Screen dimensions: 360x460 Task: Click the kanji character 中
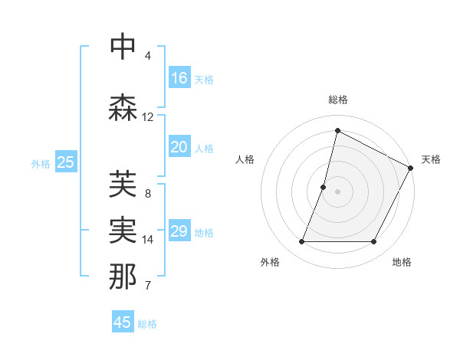pyautogui.click(x=123, y=47)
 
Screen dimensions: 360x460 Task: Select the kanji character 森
pyautogui.click(x=123, y=107)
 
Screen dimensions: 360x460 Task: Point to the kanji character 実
pyautogui.click(x=123, y=229)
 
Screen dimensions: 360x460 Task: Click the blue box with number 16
pyautogui.click(x=179, y=78)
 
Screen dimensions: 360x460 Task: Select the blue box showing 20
pyautogui.click(x=179, y=147)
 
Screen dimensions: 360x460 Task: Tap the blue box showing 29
pyautogui.click(x=179, y=231)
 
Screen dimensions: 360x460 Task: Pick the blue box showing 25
pyautogui.click(x=66, y=162)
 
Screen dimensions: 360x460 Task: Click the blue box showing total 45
pyautogui.click(x=123, y=322)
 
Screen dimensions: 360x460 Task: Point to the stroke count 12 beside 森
pyautogui.click(x=148, y=117)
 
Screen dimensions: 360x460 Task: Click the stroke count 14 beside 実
pyautogui.click(x=148, y=240)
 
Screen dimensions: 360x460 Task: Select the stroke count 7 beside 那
pyautogui.click(x=148, y=286)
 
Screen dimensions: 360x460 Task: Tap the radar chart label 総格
pyautogui.click(x=337, y=100)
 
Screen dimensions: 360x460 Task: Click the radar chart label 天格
pyautogui.click(x=431, y=159)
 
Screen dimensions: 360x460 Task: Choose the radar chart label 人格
pyautogui.click(x=245, y=159)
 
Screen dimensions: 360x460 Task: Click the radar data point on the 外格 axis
pyautogui.click(x=301, y=242)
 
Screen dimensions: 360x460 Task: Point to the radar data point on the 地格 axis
pyautogui.click(x=374, y=242)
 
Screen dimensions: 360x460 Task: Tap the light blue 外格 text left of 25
pyautogui.click(x=41, y=163)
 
